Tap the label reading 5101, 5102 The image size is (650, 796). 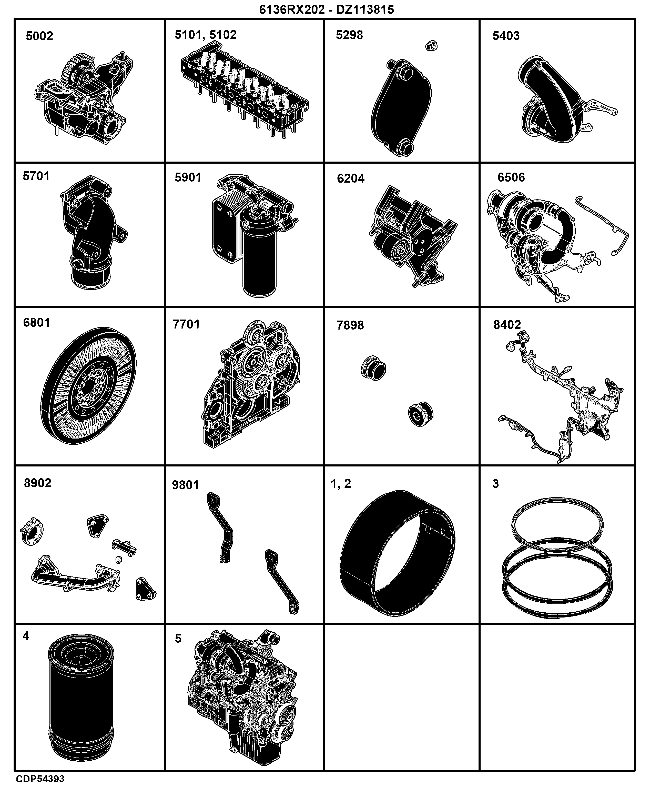206,35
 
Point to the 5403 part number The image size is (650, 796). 506,36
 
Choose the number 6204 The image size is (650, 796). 350,178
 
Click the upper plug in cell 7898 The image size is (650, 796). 373,367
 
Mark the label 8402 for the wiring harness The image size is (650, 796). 507,325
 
